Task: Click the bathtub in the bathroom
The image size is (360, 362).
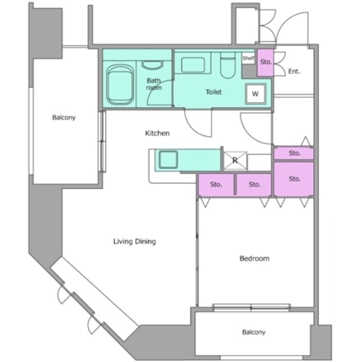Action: pos(120,85)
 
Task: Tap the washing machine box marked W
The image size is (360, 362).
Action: pos(255,94)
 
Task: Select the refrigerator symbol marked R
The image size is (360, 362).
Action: pos(235,160)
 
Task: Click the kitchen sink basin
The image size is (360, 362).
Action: pos(168,159)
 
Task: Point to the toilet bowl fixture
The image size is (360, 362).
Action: pos(228,65)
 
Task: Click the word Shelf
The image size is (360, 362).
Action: pos(248,58)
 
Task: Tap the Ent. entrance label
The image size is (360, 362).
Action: pos(294,71)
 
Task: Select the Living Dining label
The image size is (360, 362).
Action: pos(135,241)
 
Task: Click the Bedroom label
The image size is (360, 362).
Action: pos(254,258)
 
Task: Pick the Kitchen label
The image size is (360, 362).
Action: pos(157,133)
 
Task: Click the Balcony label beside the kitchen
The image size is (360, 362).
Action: pos(64,118)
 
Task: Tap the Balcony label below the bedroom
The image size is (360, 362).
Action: pos(254,332)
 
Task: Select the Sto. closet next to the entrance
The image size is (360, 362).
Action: pos(265,62)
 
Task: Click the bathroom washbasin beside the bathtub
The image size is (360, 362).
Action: pos(152,65)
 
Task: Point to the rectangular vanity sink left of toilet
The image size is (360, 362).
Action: pos(193,65)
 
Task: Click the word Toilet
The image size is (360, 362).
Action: pos(214,92)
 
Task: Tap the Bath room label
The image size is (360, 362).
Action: pos(154,84)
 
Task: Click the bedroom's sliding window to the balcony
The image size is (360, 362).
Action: pos(251,307)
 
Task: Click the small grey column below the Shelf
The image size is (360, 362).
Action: pos(249,71)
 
